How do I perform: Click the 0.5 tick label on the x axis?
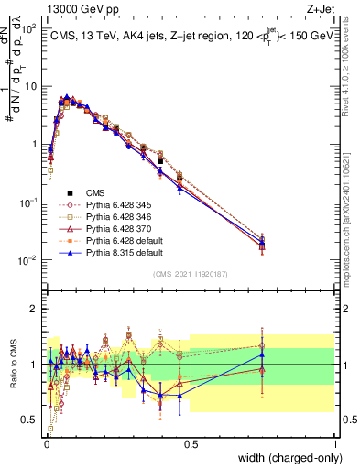pos(191,442)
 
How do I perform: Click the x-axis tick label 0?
pos(47,442)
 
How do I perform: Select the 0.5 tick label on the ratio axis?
pos(31,420)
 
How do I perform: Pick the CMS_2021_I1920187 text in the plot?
pos(191,274)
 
